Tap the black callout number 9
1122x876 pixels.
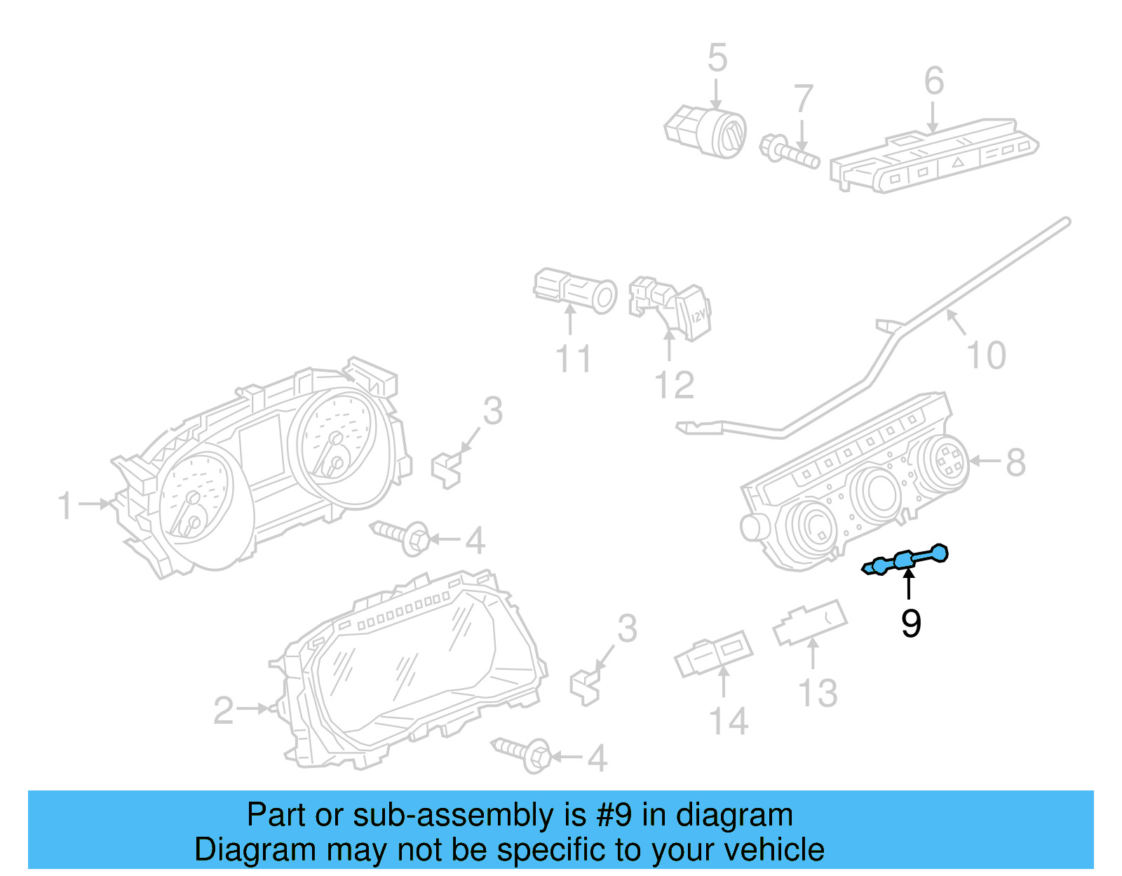910,623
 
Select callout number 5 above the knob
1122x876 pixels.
717,58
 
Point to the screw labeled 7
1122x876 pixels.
790,151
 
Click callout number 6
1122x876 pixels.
933,81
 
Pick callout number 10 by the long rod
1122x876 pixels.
986,356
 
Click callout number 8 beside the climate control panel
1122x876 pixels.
1015,462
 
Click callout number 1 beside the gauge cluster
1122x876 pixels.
65,506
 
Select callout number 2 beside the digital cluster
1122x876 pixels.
224,710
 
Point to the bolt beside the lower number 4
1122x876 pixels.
523,753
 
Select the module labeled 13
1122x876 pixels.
810,622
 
